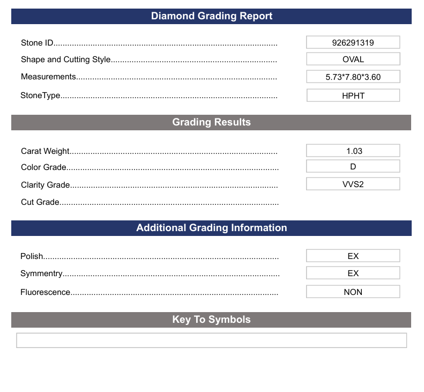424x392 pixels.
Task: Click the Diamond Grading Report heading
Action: pos(211,16)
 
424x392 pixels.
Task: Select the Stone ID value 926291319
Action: pos(353,42)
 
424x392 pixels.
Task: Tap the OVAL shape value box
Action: pos(353,59)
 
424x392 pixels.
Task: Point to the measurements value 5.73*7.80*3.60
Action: pos(353,77)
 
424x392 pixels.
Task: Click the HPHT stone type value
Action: pos(353,96)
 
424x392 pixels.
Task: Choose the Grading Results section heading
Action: pos(211,122)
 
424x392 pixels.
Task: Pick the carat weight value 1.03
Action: pos(353,151)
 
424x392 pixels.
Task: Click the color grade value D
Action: pos(353,167)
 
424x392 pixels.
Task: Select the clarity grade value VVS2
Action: pos(353,184)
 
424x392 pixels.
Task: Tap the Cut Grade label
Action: pos(40,202)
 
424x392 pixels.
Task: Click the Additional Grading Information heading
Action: pos(211,228)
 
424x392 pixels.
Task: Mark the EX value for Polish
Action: pos(353,256)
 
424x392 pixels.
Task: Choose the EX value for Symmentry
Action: pos(353,273)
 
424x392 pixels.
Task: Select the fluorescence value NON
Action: pos(353,292)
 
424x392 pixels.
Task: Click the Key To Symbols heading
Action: pos(211,320)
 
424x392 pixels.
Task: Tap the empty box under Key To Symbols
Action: pos(211,341)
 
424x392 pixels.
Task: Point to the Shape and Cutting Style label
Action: pos(66,60)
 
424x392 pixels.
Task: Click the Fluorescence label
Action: pos(46,292)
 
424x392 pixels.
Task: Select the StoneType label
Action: pos(40,96)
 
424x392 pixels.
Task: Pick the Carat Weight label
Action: pos(46,152)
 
